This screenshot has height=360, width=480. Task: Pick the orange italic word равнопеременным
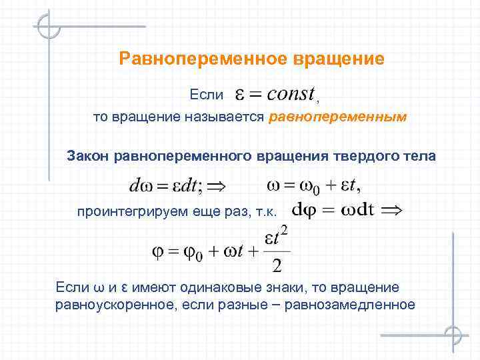pyautogui.click(x=337, y=118)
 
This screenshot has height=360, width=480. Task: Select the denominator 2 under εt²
pyautogui.click(x=277, y=267)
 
